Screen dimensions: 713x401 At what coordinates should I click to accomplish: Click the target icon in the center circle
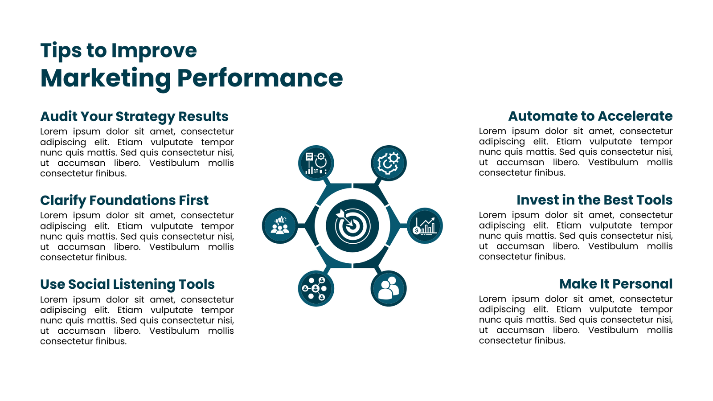coord(352,225)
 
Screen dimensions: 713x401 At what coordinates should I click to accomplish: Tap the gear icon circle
coord(389,163)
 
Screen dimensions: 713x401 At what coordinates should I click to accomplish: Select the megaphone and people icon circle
coord(280,225)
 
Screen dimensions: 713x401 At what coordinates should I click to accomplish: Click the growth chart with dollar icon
coord(425,225)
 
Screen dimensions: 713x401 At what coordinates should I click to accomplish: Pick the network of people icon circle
coord(316,288)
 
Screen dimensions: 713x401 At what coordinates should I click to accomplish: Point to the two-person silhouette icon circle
coord(389,288)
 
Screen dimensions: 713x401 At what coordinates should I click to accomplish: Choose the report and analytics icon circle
coord(316,163)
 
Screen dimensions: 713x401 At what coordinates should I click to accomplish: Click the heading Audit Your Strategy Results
coord(134,117)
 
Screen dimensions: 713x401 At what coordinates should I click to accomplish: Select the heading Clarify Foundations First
coord(124,200)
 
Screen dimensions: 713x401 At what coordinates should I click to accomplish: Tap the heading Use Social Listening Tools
coord(127,285)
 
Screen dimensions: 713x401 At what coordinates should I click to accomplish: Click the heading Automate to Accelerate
coord(590,116)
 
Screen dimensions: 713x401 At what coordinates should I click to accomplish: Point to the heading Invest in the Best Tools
coord(594,200)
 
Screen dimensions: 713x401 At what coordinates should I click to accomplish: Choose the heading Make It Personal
coord(616,284)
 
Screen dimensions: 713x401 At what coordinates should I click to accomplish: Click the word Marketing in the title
coord(106,79)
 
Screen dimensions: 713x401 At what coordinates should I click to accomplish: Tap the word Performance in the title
coord(260,78)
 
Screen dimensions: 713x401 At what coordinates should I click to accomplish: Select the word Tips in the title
coord(61,51)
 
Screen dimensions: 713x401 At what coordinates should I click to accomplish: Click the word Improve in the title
coord(154,51)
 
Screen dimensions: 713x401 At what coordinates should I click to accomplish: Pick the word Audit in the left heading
coord(58,116)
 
